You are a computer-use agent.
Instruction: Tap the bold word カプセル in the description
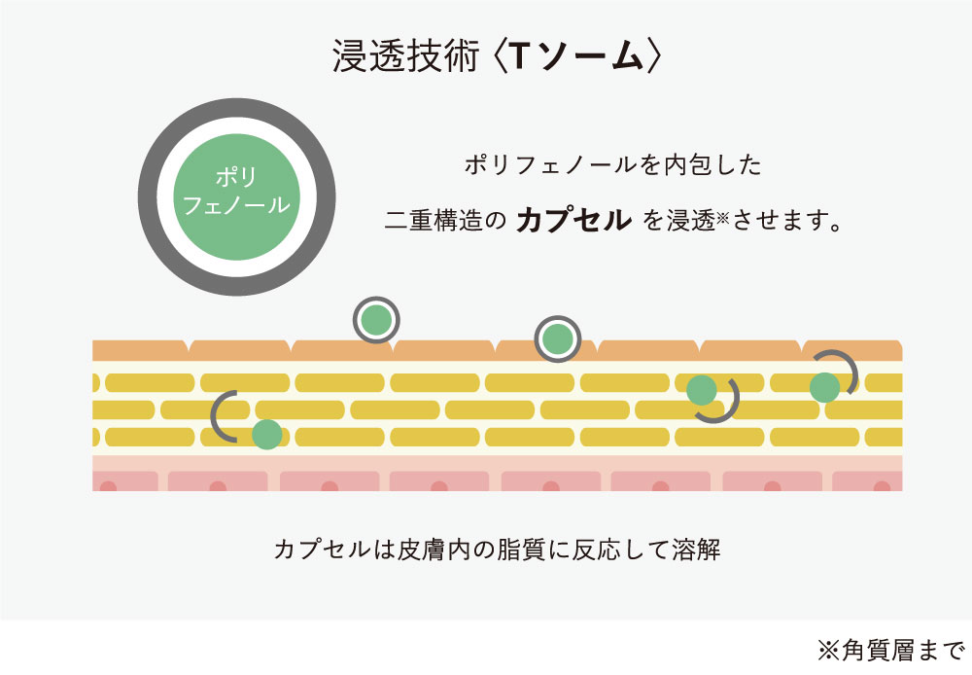(x=573, y=219)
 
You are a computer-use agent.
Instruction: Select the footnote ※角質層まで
(x=888, y=650)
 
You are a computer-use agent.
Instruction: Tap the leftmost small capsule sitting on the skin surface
(x=376, y=319)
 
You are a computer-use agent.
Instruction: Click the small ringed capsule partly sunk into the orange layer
(x=557, y=338)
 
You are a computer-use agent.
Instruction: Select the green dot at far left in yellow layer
(x=266, y=434)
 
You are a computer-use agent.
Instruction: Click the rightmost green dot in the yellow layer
(x=824, y=386)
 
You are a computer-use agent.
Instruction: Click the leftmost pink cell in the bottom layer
(x=125, y=480)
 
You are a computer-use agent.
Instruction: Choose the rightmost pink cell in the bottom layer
(x=867, y=480)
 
